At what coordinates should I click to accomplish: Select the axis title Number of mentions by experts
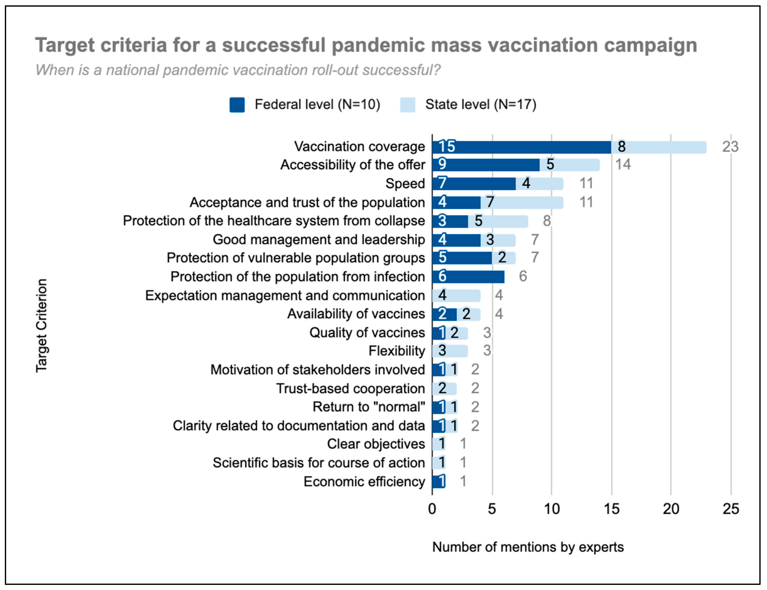[x=528, y=547]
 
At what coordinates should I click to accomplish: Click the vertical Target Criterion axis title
[x=41, y=325]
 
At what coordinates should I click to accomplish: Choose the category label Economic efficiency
[x=364, y=481]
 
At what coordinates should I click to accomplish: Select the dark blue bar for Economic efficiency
[x=438, y=481]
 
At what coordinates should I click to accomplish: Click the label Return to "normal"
[x=369, y=407]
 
